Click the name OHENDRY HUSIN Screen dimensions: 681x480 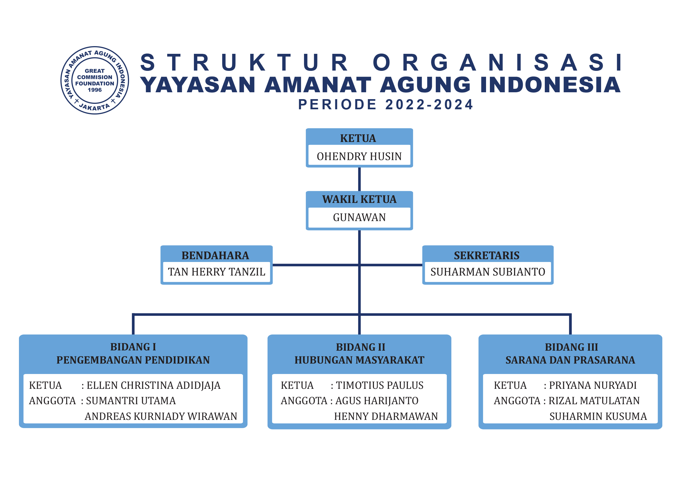(x=359, y=156)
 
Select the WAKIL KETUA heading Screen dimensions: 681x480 (x=359, y=199)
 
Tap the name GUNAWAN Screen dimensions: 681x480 (x=359, y=217)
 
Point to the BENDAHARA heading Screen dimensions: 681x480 (x=215, y=255)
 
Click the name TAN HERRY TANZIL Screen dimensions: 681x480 (x=217, y=272)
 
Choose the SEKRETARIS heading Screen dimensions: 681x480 (x=487, y=255)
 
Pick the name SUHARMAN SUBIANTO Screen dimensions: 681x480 (x=488, y=272)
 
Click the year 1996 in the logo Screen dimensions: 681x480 (x=95, y=90)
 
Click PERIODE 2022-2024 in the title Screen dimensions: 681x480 (x=386, y=104)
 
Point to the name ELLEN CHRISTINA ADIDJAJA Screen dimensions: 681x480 (x=154, y=385)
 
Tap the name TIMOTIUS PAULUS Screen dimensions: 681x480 (x=380, y=385)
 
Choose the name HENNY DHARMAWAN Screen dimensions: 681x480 (x=386, y=416)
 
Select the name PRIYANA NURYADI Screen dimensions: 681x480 (x=593, y=385)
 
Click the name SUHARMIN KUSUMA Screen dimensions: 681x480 (x=598, y=416)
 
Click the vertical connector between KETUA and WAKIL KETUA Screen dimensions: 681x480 (x=359, y=179)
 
